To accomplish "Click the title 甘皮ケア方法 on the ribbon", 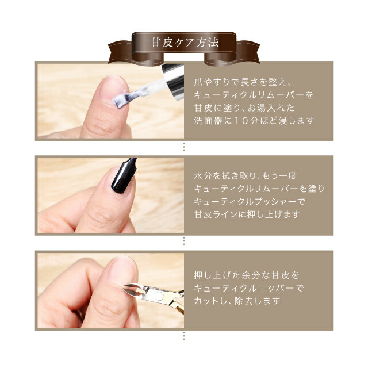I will pos(184,43).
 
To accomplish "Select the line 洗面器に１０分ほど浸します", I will pos(254,121).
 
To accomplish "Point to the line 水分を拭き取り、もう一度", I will pos(244,176).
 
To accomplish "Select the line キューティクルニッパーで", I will pos(248,288).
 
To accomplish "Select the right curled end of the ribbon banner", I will pos(248,52).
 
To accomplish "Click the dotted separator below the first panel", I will pos(184,147).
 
